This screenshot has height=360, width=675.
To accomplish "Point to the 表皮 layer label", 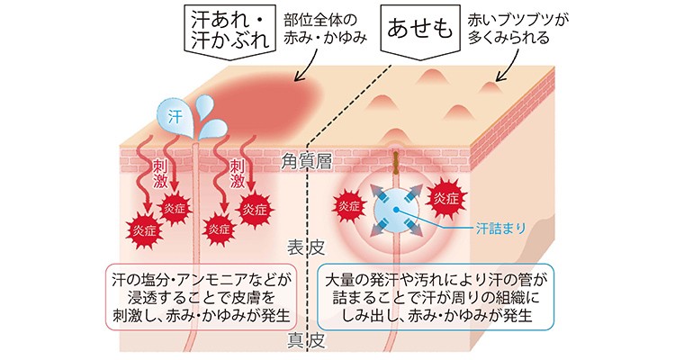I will [301, 246].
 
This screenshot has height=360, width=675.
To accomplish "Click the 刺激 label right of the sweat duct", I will [237, 174].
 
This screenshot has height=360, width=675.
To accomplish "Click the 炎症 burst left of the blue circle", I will [346, 206].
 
